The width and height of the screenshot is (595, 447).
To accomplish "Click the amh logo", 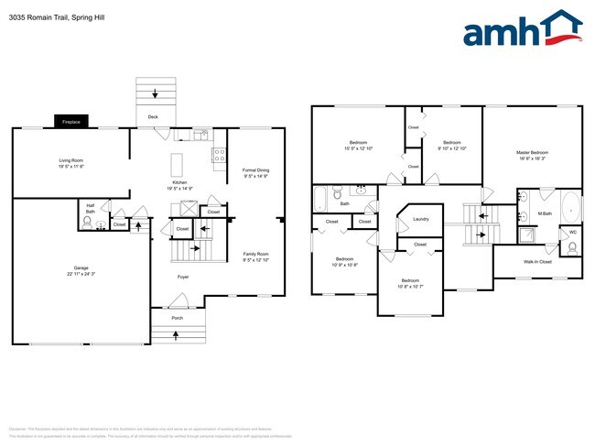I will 523,28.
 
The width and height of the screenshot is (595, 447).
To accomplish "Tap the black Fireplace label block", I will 70,122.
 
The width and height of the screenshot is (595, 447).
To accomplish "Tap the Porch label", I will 177,318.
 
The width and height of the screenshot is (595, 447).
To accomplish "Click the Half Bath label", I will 91,207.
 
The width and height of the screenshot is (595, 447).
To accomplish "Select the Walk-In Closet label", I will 538,262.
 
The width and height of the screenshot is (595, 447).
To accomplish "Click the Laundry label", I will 421,219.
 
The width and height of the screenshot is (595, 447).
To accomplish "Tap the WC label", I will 573,233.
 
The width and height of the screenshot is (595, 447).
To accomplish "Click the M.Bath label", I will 544,214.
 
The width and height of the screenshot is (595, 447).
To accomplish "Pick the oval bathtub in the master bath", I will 569,207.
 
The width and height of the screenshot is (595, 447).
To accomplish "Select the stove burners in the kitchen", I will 220,156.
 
